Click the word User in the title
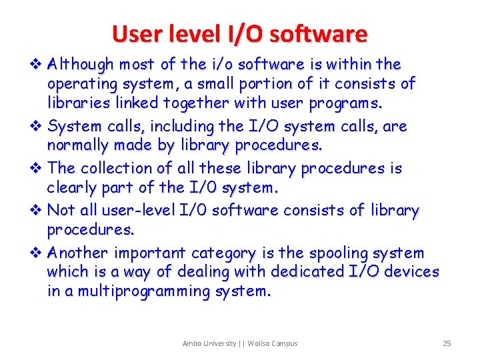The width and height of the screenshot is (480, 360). (x=135, y=34)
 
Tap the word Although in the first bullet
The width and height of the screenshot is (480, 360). (x=81, y=65)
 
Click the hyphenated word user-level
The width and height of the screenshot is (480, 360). (x=138, y=211)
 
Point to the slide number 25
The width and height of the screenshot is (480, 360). (x=447, y=343)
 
